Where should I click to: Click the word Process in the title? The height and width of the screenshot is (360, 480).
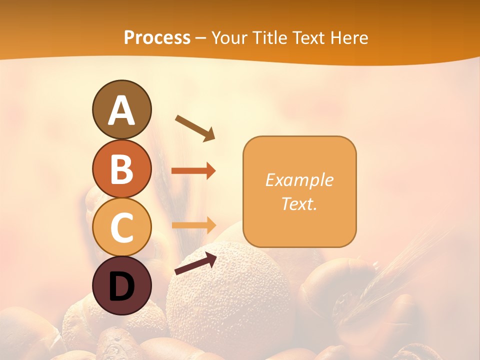157,38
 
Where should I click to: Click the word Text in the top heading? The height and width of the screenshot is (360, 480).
309,38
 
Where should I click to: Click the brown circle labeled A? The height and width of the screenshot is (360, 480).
122,110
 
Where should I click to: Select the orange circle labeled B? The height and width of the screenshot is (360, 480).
122,168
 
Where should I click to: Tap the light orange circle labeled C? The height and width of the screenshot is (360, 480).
122,227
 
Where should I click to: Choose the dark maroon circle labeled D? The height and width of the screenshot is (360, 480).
122,286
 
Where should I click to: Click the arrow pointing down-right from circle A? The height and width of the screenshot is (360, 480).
194,127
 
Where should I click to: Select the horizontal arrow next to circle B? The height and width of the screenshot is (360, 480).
193,171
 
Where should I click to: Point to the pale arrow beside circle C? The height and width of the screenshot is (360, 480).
193,225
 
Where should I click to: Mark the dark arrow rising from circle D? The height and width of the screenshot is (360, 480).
195,263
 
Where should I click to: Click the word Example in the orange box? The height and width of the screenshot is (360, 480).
299,180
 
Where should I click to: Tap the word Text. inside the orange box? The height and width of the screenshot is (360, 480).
299,204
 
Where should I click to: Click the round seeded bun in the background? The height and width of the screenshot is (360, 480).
230,300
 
